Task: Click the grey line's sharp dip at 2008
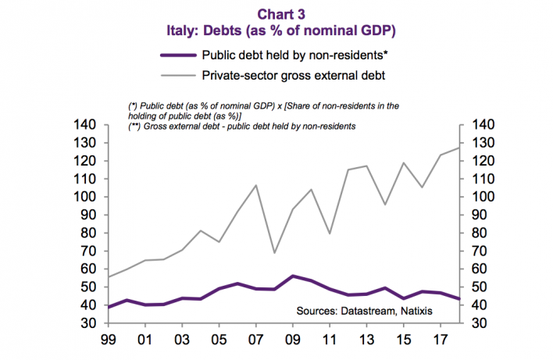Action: pos(274,252)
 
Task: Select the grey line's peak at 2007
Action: pos(255,185)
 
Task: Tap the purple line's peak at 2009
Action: pos(293,276)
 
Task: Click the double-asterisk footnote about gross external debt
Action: pos(241,127)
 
